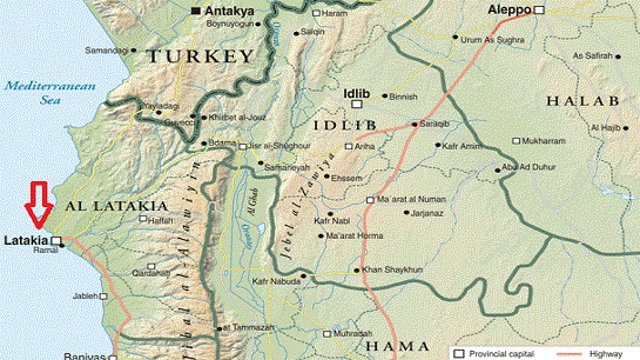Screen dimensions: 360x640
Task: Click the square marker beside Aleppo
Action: (x=539, y=9)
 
